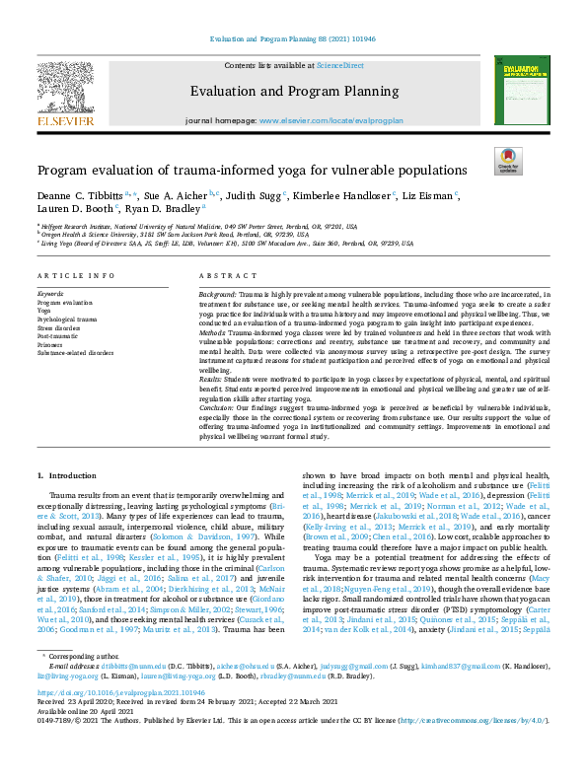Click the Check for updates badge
coord(507,161)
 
